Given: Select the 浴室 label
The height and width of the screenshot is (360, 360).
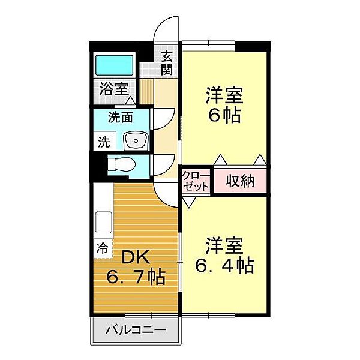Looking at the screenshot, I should (x=114, y=89).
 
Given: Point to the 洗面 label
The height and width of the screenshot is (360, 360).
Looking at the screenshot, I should (x=120, y=118).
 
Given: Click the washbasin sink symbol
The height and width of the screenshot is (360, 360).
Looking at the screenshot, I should (x=135, y=140).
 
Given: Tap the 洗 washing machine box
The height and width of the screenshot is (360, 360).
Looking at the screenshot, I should (x=104, y=143).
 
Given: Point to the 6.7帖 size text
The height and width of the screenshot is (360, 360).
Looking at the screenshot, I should (x=136, y=278).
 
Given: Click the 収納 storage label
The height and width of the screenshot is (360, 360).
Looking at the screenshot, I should (x=240, y=181).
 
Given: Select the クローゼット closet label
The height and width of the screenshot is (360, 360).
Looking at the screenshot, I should (x=197, y=181).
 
